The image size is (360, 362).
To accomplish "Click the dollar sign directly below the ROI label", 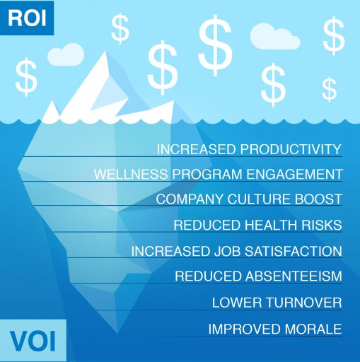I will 27,77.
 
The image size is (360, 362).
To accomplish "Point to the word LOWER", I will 234,303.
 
